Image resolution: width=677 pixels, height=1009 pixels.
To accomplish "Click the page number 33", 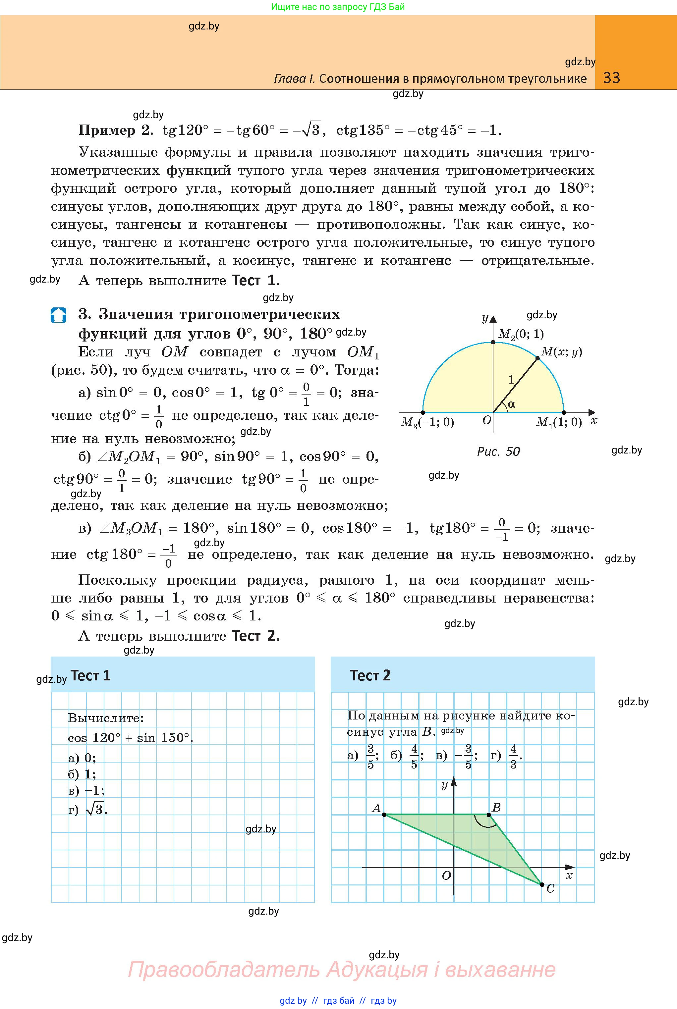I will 611,78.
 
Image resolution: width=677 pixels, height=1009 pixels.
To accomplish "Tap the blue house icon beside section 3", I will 58,315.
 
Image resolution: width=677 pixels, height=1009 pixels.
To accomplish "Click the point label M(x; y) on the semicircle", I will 561,352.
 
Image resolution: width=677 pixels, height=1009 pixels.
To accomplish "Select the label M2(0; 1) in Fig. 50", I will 521,334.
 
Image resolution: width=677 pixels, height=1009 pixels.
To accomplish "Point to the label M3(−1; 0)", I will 427,422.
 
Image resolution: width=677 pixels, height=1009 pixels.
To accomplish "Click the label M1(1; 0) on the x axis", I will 559,422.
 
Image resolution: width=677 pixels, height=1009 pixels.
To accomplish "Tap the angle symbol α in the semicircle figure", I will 512,404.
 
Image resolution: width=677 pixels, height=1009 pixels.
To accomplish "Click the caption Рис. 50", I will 498,451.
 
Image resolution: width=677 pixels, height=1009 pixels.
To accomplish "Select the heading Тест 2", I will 370,675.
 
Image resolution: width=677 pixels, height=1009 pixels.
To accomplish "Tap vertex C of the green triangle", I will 542,884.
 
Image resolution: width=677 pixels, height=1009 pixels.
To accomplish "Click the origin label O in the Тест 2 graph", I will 446,875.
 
